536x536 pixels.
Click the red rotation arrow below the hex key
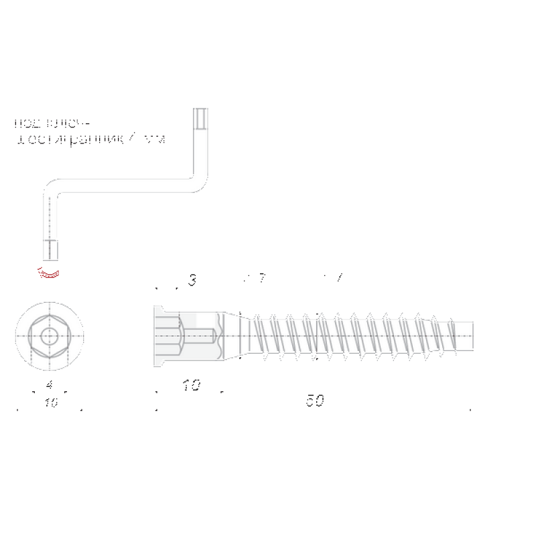click(49, 273)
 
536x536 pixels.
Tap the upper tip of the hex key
click(200, 113)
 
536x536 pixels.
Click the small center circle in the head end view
click(49, 333)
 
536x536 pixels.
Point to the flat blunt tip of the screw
click(471, 333)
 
